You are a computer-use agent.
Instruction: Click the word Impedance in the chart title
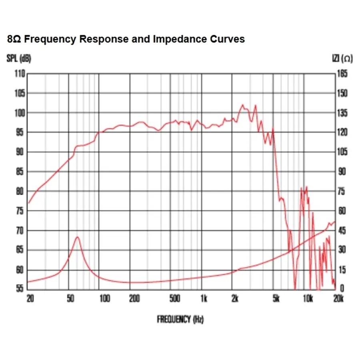pyautogui.click(x=174, y=39)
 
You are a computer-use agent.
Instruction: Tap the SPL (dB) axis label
pyautogui.click(x=19, y=58)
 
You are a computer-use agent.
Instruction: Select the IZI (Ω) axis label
pyautogui.click(x=342, y=58)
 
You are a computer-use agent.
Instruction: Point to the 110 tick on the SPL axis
pyautogui.click(x=20, y=74)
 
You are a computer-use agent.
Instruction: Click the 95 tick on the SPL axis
pyautogui.click(x=20, y=132)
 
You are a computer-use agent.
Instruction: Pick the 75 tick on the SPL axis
pyautogui.click(x=20, y=211)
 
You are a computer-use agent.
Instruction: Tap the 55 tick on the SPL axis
pyautogui.click(x=20, y=289)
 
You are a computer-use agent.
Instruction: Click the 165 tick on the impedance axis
pyautogui.click(x=342, y=74)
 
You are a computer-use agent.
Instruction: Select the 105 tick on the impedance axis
pyautogui.click(x=342, y=152)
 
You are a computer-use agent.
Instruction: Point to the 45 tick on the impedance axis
pyautogui.click(x=342, y=230)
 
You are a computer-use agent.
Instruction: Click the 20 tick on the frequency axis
pyautogui.click(x=30, y=299)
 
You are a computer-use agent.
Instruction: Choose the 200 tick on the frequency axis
pyautogui.click(x=134, y=299)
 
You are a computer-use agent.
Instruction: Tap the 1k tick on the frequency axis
pyautogui.click(x=204, y=299)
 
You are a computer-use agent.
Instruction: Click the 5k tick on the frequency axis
pyautogui.click(x=276, y=299)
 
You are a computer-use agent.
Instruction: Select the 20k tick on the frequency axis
pyautogui.click(x=338, y=299)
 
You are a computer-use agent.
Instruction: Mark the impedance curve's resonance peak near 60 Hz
pyautogui.click(x=78, y=237)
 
